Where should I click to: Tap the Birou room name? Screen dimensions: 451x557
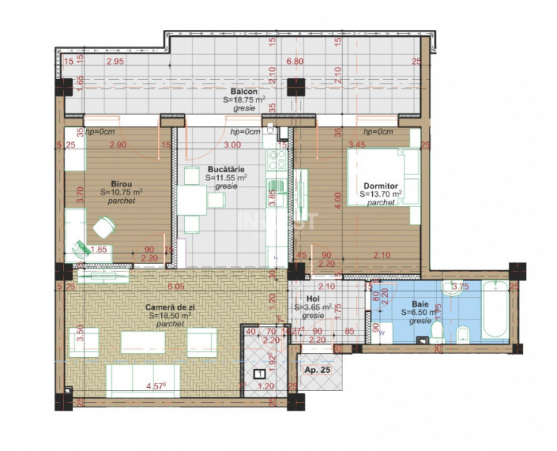click(x=122, y=183)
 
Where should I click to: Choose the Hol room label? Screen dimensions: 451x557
click(x=304, y=298)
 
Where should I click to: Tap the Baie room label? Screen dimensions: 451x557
click(x=410, y=304)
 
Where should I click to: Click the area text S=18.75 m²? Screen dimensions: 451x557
click(x=244, y=99)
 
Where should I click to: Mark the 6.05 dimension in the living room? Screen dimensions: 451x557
click(x=176, y=286)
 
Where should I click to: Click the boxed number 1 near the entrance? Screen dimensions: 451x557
click(x=258, y=374)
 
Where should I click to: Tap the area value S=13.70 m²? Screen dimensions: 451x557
click(x=380, y=194)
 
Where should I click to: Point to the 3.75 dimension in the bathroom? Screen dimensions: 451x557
click(x=460, y=286)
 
